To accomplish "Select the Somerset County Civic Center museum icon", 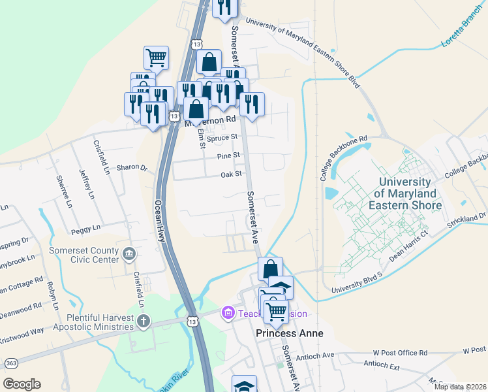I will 129,253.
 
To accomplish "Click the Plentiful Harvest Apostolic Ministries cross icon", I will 144,321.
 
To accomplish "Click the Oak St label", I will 231,174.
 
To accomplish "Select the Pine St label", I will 229,156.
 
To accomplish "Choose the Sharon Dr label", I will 128,167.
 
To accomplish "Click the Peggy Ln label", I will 86,228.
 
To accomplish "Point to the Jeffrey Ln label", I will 82,185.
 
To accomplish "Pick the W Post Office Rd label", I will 400,353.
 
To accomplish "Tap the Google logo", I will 22,384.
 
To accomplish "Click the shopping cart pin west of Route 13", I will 156,57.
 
